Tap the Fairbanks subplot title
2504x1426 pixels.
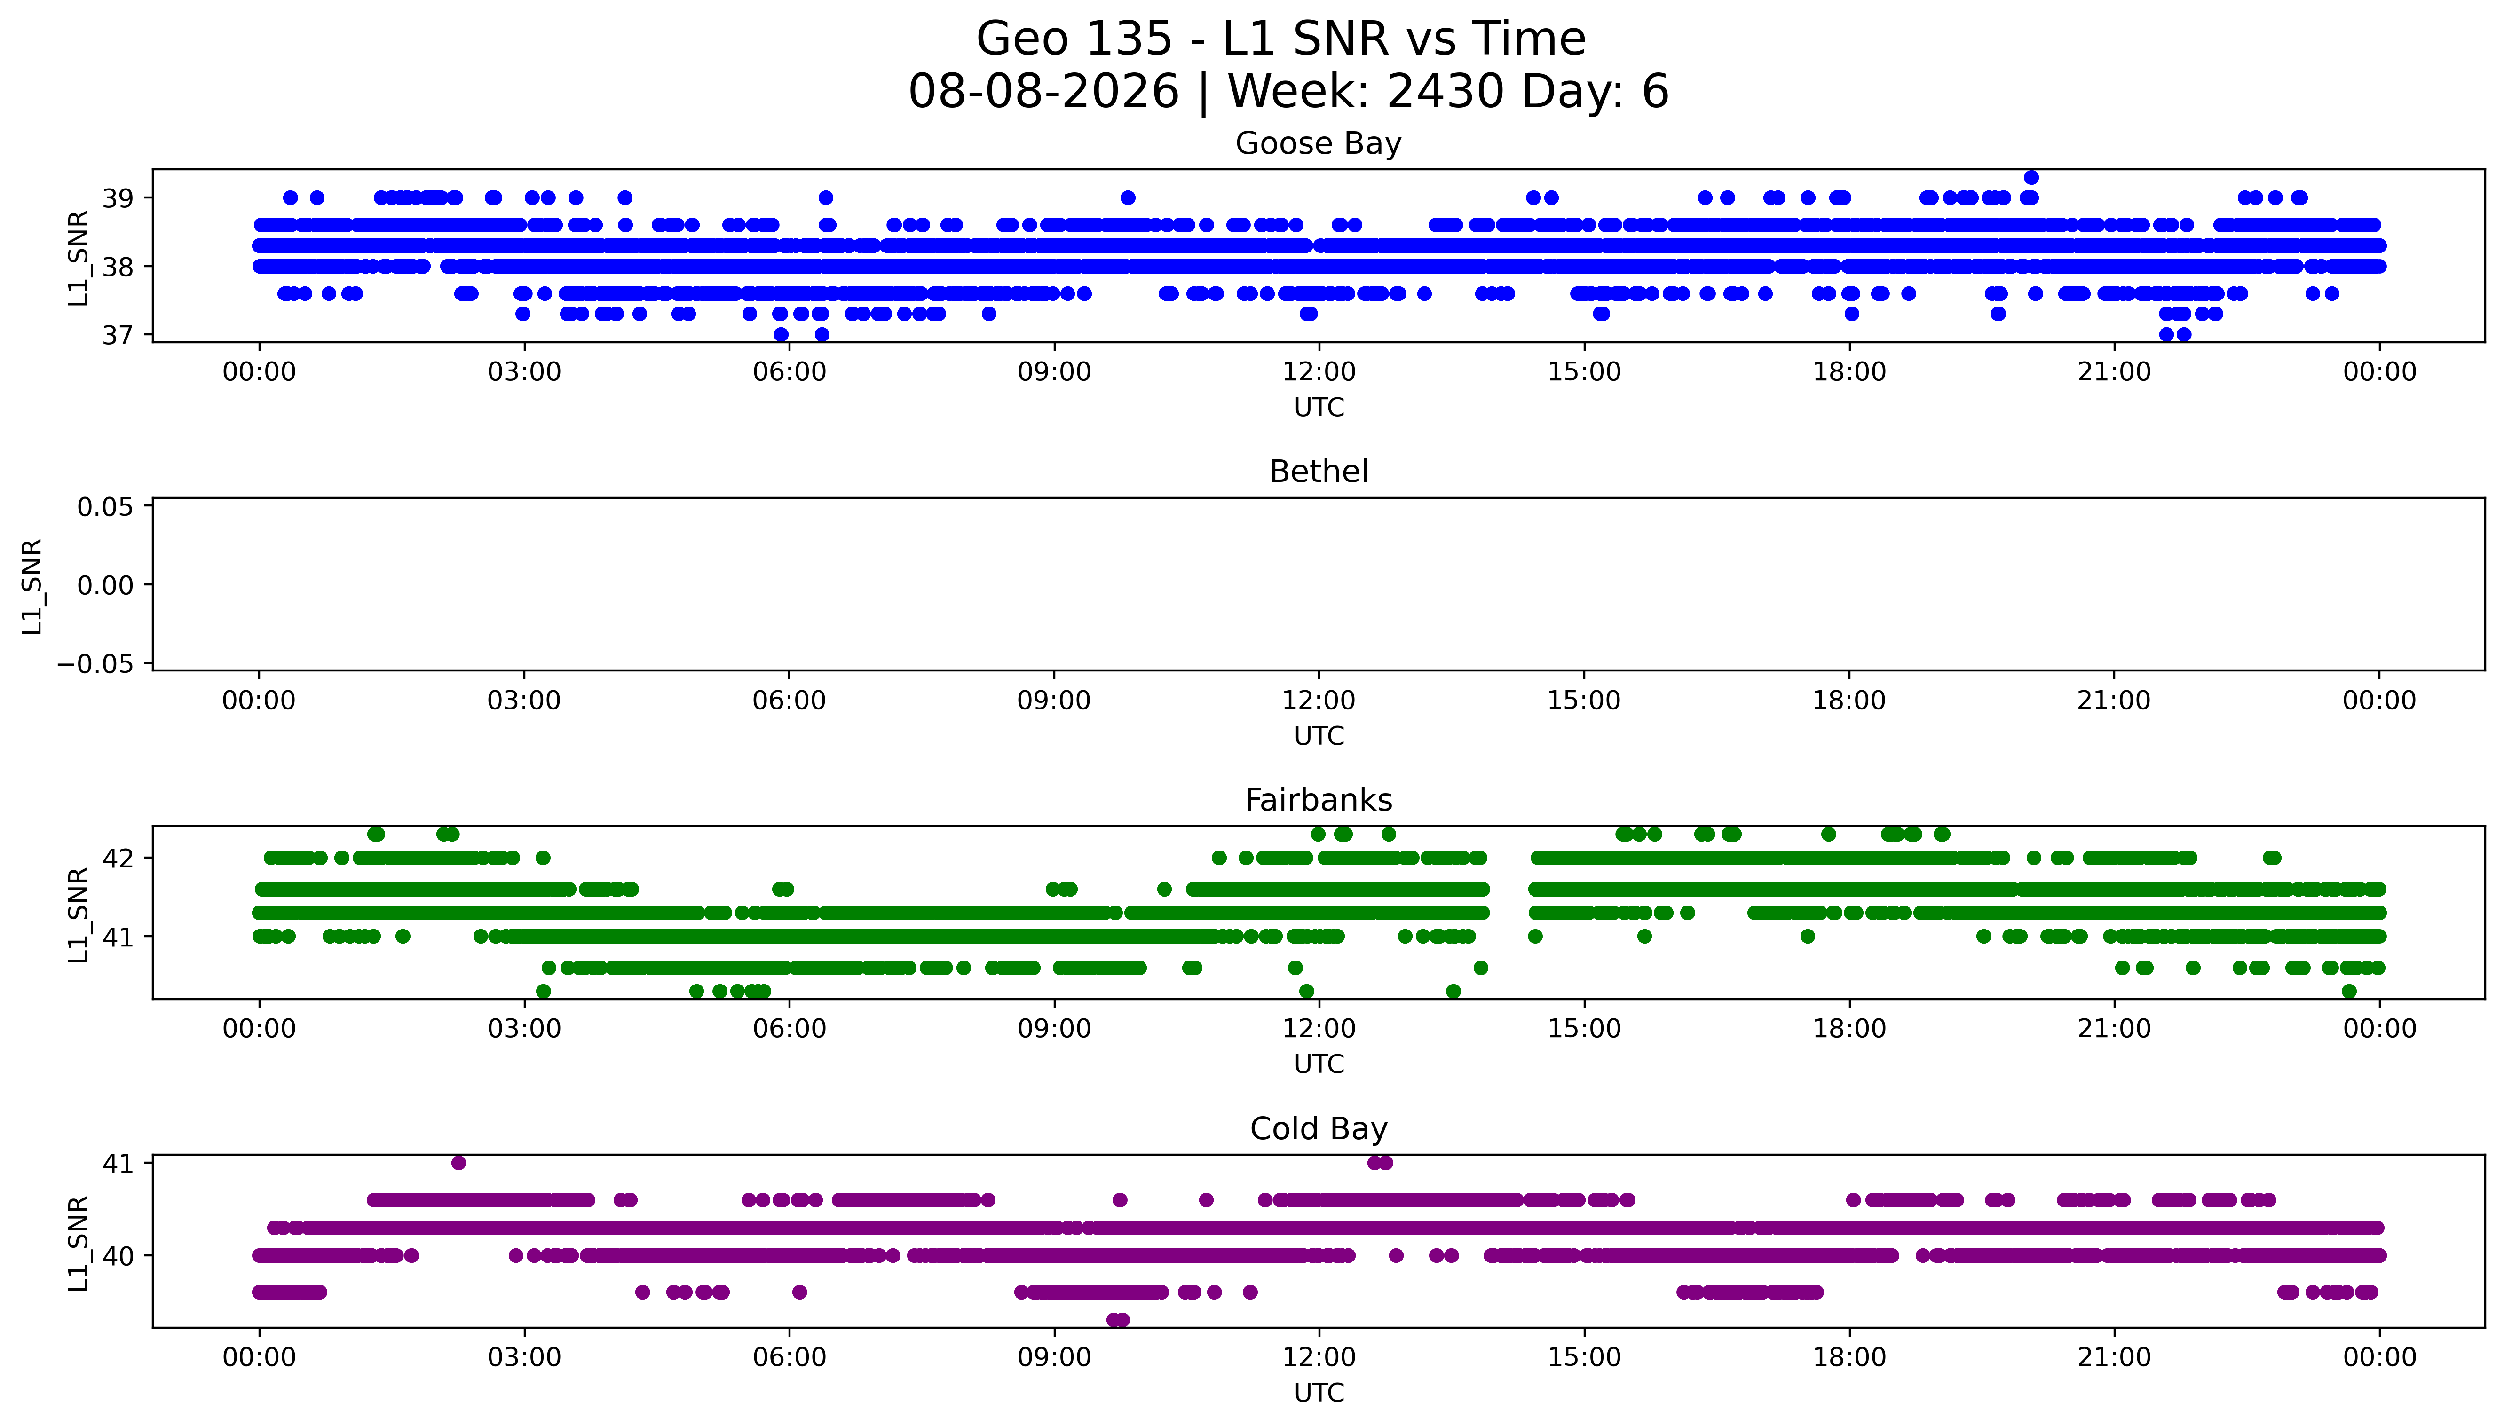(x=1318, y=800)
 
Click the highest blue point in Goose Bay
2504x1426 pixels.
(x=2031, y=177)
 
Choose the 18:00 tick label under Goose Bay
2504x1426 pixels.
(x=1849, y=372)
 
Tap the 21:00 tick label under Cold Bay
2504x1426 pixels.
(x=2114, y=1357)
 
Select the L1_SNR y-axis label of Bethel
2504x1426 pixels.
(x=32, y=586)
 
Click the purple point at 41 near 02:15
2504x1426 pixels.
(x=458, y=1163)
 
